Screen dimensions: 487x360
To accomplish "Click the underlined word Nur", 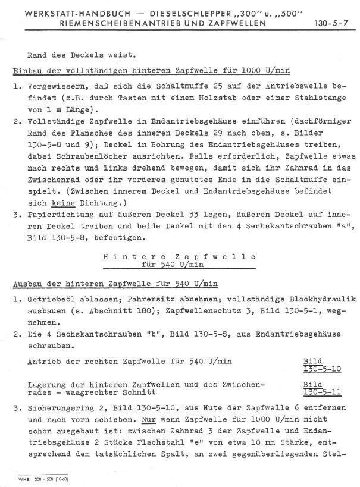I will [102, 417].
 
